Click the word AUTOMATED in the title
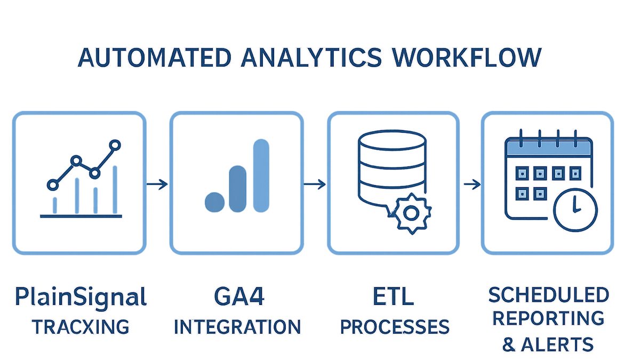click(154, 58)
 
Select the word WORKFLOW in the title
click(467, 58)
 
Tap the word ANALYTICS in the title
click(311, 58)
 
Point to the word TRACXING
click(81, 326)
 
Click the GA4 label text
click(239, 297)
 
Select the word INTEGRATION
click(237, 326)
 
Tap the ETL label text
click(393, 297)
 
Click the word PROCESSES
click(395, 326)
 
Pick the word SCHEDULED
click(549, 295)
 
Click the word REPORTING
click(549, 318)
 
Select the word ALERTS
click(557, 345)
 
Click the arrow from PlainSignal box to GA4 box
click(157, 185)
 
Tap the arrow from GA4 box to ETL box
click(315, 185)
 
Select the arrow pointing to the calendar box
click(472, 185)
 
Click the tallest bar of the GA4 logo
click(261, 175)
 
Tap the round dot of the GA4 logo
click(214, 202)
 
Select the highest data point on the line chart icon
click(115, 145)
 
